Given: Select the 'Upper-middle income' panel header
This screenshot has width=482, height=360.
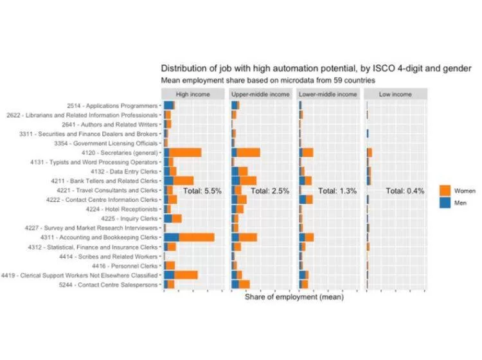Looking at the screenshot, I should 260,94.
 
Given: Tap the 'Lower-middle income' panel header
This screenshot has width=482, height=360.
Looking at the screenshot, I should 328,94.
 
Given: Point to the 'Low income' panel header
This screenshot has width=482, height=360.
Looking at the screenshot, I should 395,94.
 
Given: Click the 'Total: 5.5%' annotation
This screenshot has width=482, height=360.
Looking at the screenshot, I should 202,191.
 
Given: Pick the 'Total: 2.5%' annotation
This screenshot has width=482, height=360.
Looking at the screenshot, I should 270,191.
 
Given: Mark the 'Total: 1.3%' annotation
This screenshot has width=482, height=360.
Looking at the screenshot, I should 337,191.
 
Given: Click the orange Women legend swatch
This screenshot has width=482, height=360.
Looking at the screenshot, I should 445,191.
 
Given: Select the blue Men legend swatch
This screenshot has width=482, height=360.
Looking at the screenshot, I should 445,203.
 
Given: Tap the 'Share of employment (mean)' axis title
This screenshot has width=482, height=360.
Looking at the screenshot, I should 294,297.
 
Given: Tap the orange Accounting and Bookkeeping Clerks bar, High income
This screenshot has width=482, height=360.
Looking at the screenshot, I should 197,237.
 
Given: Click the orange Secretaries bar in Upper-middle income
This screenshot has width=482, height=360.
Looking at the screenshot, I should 249,152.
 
